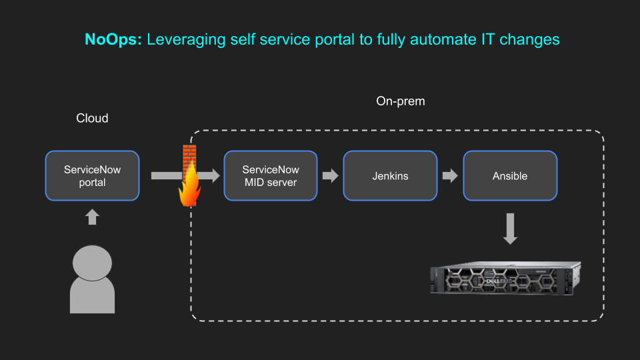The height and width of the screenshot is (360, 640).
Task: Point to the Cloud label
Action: [x=92, y=118]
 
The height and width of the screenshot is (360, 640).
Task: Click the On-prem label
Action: [x=401, y=101]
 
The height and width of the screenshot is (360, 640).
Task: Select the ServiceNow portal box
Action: [x=92, y=176]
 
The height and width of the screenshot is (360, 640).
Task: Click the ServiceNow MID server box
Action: [x=271, y=176]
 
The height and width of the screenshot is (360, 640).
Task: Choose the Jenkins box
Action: [x=390, y=176]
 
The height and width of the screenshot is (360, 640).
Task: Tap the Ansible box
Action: [x=510, y=176]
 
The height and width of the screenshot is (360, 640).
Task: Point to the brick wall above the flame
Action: [x=189, y=156]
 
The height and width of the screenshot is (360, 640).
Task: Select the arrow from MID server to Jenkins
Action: [x=330, y=176]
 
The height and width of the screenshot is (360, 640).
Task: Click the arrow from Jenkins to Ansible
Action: [x=450, y=176]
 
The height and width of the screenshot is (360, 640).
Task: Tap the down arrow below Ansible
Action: [x=510, y=229]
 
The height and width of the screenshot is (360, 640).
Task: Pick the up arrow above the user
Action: [x=92, y=217]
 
